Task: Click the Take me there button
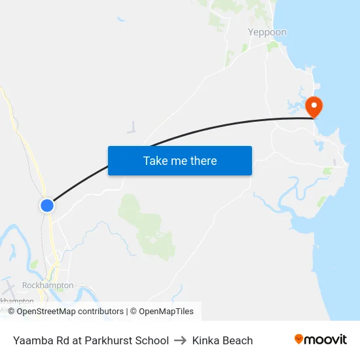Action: pos(180,160)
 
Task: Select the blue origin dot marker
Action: pos(46,206)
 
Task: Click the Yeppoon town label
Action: pos(267,32)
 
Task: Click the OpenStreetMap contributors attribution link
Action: pos(70,312)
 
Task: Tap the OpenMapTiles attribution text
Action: pos(166,312)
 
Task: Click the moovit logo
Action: pos(320,340)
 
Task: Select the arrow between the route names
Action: pos(181,340)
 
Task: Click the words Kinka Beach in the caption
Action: pos(223,340)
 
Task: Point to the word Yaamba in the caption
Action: pos(31,340)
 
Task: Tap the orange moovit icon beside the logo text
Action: pos(299,339)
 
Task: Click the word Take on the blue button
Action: pos(155,160)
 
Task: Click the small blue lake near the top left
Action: pos(121,20)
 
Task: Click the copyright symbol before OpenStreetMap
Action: pos(11,312)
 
